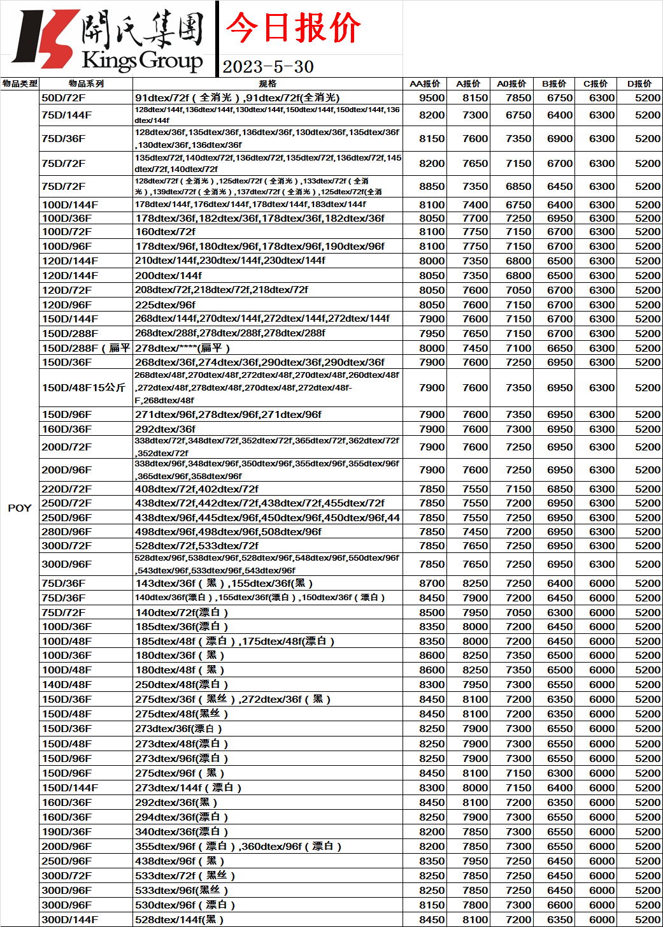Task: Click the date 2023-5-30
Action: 268,67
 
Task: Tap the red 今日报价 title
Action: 293,28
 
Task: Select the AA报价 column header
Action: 425,83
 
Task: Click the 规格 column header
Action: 267,83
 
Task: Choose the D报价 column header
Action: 639,83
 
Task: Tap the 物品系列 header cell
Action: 86,83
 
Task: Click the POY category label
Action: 19,508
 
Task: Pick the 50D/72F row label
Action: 64,97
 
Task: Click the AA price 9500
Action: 432,97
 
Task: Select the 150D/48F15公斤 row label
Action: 83,387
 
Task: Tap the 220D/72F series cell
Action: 66,489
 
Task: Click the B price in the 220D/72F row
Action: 560,489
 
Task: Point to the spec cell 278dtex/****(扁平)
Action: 182,348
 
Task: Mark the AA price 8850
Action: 432,186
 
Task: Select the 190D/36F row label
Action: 66,831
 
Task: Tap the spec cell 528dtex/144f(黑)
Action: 179,919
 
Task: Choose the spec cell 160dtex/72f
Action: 165,231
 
